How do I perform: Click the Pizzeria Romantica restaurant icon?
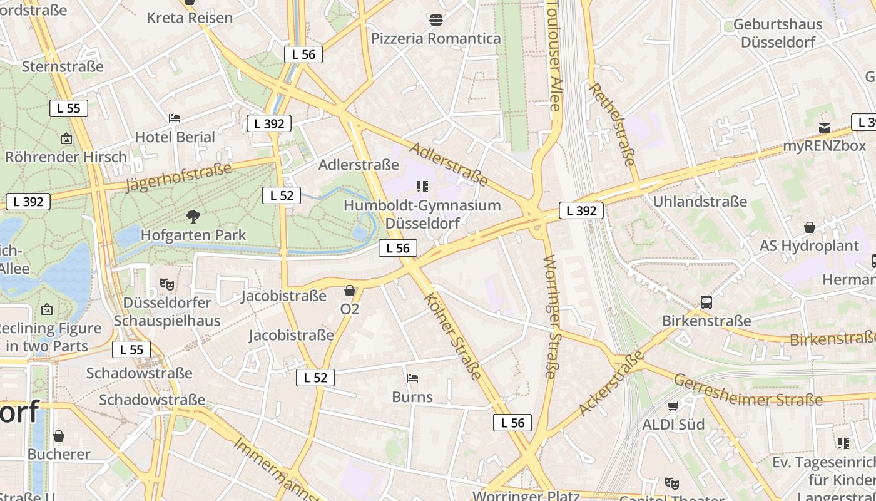(x=436, y=20)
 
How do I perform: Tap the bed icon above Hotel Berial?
(x=175, y=118)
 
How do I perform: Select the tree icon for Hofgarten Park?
(x=193, y=217)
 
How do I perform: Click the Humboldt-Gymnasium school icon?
(x=422, y=187)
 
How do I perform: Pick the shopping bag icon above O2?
(x=349, y=291)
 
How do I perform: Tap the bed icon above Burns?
(x=412, y=378)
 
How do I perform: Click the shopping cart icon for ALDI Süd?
(x=673, y=406)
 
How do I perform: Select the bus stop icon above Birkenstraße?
(x=706, y=302)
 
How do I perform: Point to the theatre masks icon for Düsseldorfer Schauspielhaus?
(x=166, y=284)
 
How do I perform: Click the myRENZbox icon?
(x=825, y=128)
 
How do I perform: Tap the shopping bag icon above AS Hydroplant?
(x=810, y=227)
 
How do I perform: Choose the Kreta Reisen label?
(x=190, y=18)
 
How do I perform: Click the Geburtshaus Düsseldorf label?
(x=778, y=33)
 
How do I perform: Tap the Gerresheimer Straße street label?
(x=748, y=390)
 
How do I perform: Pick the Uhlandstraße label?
(x=700, y=201)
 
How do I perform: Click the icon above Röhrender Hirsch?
(x=66, y=138)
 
